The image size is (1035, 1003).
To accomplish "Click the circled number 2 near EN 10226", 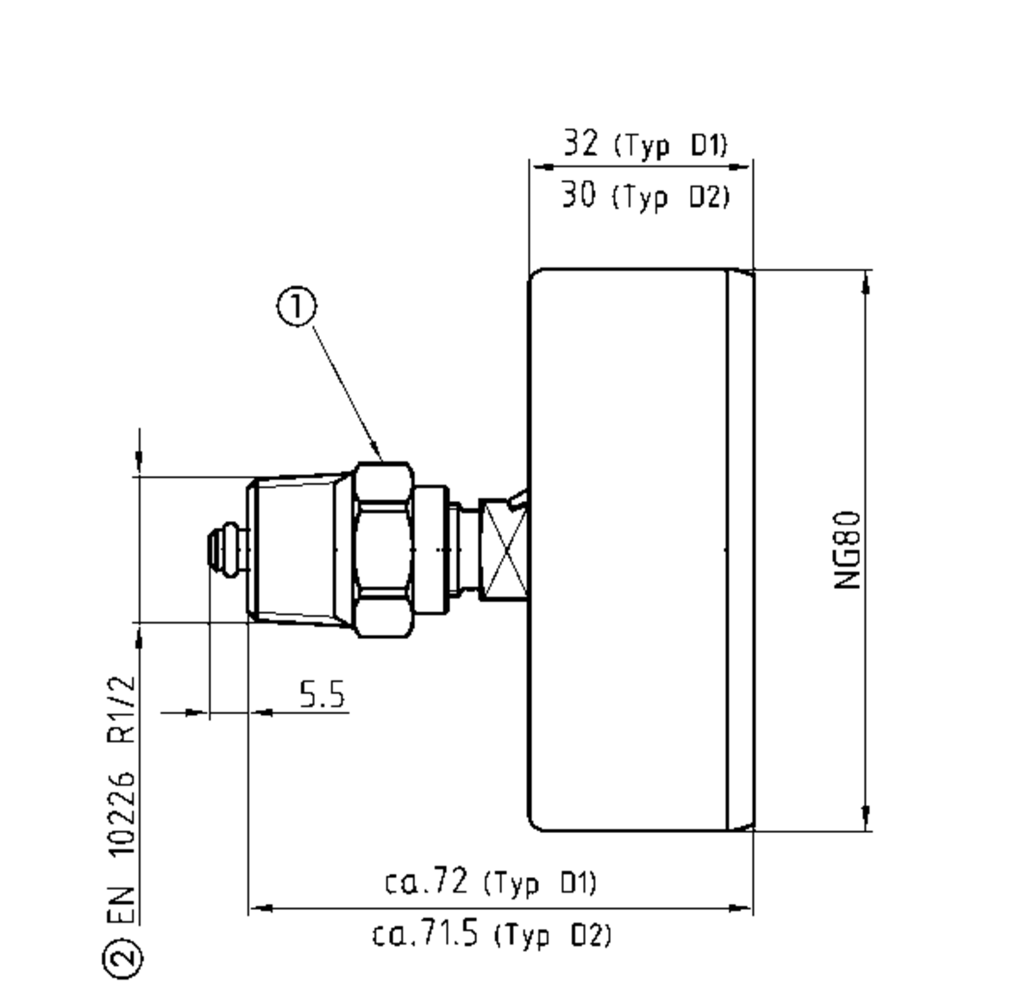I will click(122, 957).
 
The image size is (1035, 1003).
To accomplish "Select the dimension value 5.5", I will click(322, 694).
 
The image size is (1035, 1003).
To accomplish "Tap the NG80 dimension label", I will click(848, 550).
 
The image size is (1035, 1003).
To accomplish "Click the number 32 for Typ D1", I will click(580, 143).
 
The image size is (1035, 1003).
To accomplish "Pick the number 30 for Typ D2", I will click(579, 197).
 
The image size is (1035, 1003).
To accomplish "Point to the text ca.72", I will click(426, 881).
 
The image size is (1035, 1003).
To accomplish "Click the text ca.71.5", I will click(426, 934).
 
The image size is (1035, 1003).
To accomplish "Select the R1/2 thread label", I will click(122, 709).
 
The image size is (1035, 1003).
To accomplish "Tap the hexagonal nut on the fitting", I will click(383, 549).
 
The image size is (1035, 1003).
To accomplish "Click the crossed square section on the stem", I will click(505, 549).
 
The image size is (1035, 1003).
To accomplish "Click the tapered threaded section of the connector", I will click(298, 549).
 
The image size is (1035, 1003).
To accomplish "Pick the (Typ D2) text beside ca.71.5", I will click(553, 936).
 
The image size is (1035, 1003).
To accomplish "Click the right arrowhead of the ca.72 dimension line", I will click(743, 908).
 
